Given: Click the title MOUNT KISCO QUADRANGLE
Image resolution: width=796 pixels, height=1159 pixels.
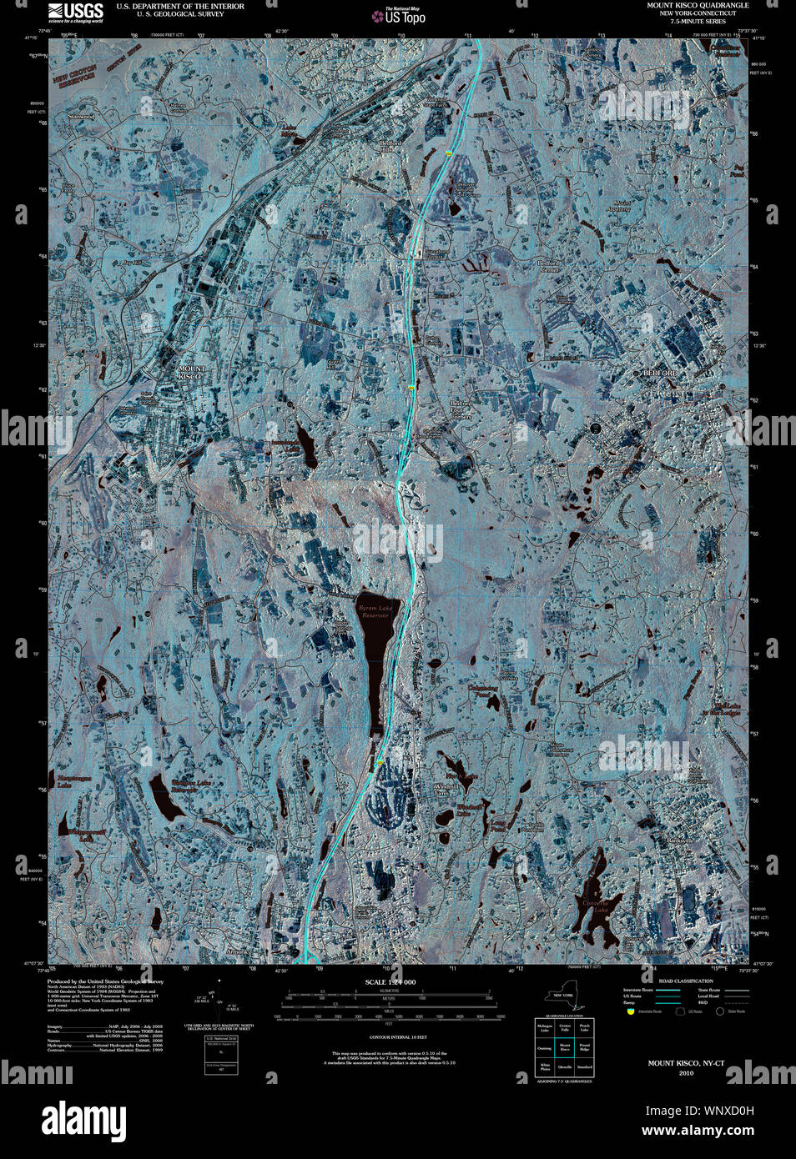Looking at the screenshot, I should coord(698,5).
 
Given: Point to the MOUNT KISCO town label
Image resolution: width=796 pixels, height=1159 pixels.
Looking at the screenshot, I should coord(190,372).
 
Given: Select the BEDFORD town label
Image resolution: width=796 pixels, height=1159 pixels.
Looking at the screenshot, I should coord(660,373).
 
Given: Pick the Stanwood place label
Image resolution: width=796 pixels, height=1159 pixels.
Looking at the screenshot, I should coord(82,117).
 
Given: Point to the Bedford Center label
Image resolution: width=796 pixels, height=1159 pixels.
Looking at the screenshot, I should coord(548,265).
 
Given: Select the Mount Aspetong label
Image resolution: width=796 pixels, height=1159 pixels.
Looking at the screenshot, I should coord(622,205).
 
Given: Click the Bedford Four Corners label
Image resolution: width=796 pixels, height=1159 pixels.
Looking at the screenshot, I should coord(461,409).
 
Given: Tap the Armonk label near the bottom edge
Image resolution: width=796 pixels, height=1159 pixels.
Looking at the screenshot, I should coord(238,951).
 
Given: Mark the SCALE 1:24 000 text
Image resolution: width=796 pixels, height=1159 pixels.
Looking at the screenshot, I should coord(390,982).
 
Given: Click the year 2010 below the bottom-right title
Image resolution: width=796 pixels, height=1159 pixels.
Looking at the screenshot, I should coord(686,1073).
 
